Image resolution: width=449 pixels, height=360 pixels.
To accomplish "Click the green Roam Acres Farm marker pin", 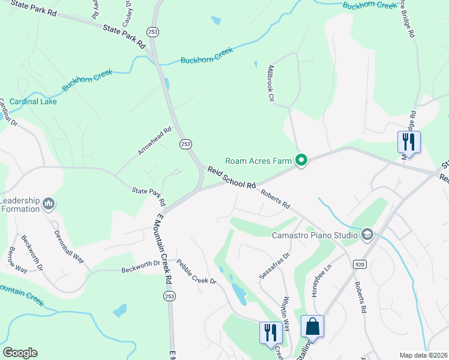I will click(301, 160).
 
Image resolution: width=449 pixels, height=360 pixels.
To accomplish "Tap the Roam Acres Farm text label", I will click(258, 161).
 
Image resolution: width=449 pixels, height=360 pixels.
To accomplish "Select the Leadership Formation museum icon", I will click(49, 205).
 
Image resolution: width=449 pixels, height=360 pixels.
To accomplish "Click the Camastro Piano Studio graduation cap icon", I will click(367, 234).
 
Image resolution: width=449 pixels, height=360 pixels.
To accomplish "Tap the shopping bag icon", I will click(312, 327).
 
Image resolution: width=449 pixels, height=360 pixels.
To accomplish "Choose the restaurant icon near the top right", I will click(409, 142).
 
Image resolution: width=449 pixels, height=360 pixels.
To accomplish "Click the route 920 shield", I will click(360, 264).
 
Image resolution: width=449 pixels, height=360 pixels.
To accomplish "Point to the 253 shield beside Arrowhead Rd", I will click(185, 144).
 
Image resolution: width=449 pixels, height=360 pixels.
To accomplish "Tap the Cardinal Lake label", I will click(32, 101).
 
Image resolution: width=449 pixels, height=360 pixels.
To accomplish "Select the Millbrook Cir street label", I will click(271, 83).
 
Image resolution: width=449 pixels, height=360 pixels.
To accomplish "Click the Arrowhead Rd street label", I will click(154, 141).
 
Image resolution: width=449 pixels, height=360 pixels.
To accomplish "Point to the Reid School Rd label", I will click(232, 178).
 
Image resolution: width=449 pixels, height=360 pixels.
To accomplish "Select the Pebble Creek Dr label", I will click(196, 272).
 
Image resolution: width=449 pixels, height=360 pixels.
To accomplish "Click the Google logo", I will click(20, 353).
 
